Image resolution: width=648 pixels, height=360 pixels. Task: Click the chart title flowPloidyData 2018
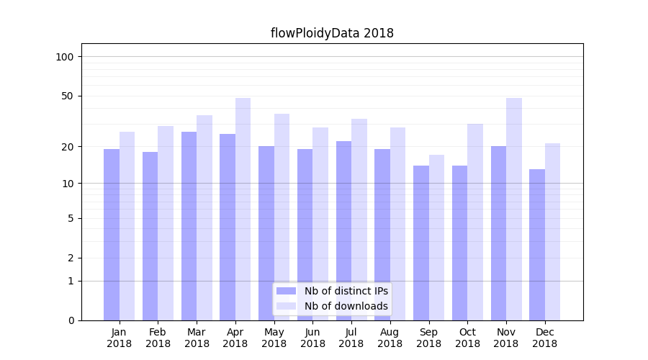(332, 33)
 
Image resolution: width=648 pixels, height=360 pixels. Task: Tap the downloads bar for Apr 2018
(243, 209)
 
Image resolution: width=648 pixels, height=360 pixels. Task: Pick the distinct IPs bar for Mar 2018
(189, 226)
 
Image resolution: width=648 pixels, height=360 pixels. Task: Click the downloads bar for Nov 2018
(513, 209)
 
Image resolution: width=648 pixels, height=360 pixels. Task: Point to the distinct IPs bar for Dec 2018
(537, 245)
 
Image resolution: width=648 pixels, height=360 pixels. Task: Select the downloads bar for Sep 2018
(436, 238)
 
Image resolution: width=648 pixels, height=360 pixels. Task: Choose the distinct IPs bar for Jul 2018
(343, 230)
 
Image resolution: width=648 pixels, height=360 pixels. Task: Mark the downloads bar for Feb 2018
(166, 223)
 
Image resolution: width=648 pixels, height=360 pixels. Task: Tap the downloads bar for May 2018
(282, 217)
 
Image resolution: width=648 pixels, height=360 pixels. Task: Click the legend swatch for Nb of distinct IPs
(287, 291)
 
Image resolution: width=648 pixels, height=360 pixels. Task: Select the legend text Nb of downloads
(346, 306)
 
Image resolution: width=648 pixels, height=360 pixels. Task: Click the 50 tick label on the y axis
(68, 96)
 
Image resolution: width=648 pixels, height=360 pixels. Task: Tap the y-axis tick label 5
(71, 218)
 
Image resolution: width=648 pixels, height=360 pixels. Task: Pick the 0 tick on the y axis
(71, 320)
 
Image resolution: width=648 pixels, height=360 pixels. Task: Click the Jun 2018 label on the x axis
(312, 338)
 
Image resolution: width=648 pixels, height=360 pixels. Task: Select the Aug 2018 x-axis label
(390, 338)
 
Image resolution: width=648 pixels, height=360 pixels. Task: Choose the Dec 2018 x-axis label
(544, 338)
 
